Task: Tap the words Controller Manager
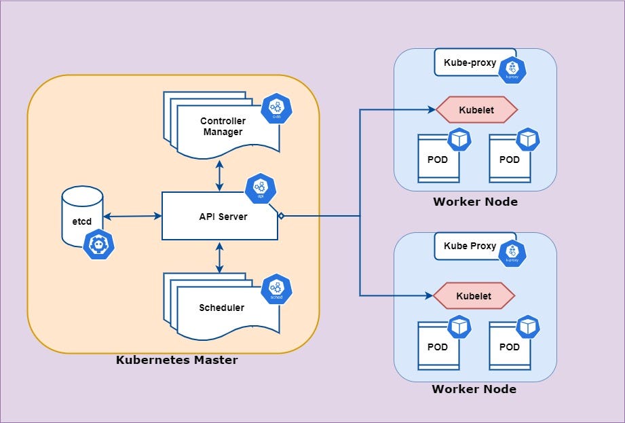(223, 126)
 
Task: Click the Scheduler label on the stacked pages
(221, 308)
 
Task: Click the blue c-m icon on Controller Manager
(276, 109)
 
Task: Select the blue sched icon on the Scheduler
(276, 289)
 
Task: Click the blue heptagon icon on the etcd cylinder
(98, 245)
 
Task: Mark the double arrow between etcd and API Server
(132, 217)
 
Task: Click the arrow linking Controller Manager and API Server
(219, 175)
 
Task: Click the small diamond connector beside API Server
(281, 217)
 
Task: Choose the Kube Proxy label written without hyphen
(470, 246)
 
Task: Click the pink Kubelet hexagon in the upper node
(476, 109)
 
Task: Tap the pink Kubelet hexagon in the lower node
(474, 296)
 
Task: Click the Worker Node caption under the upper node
(475, 202)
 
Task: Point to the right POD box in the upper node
(509, 160)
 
